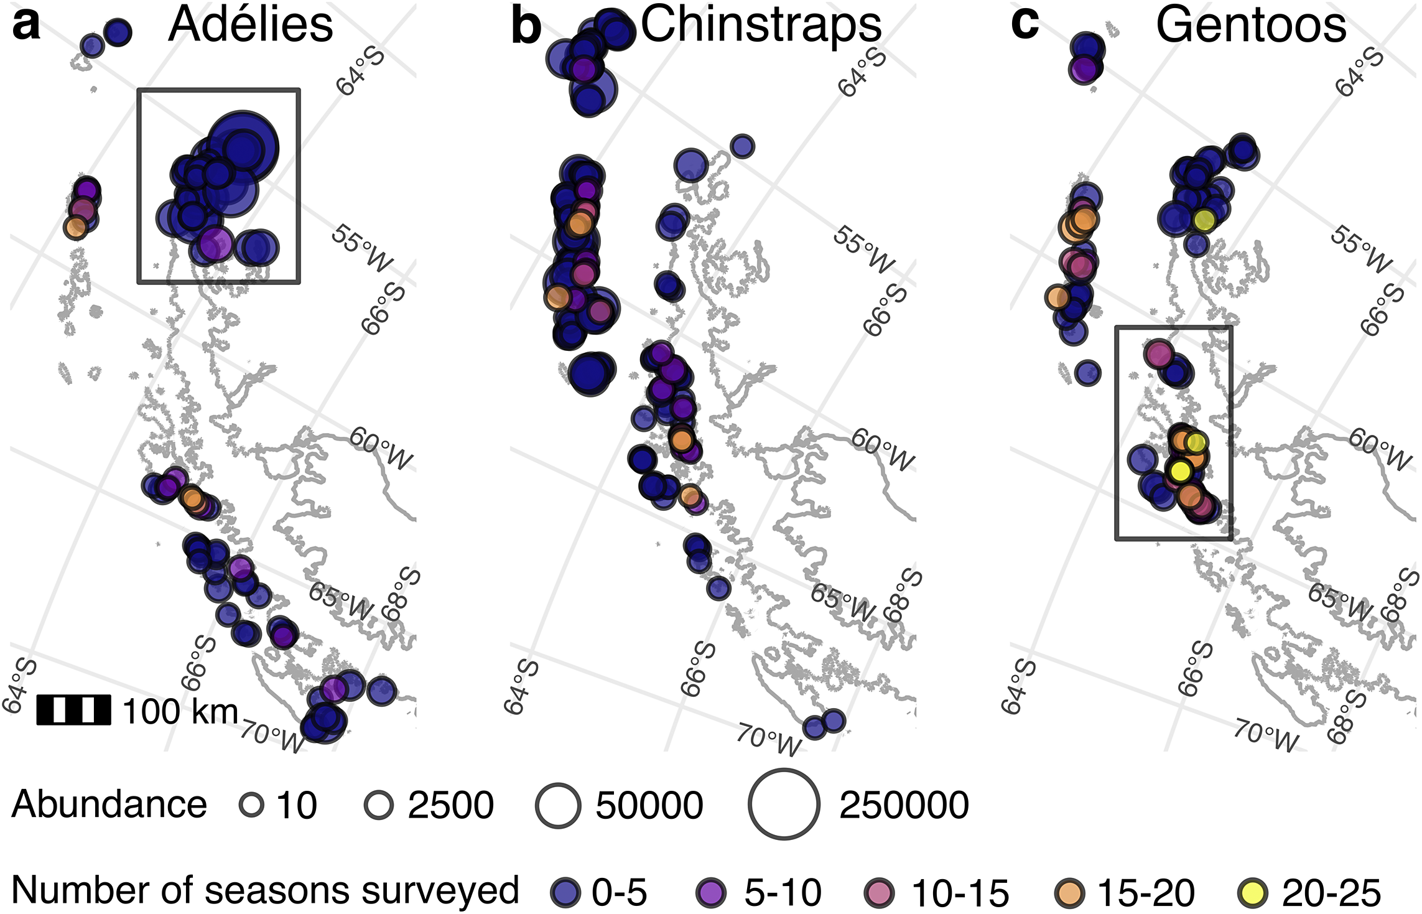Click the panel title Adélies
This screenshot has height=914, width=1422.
pos(251,25)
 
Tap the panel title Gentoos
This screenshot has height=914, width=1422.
pos(1251,25)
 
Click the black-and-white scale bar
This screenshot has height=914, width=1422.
pos(74,710)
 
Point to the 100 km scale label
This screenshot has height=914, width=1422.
pos(180,711)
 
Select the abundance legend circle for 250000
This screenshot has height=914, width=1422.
pos(784,804)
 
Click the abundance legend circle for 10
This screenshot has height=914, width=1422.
pos(252,805)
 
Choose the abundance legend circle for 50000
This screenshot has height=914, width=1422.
pos(558,804)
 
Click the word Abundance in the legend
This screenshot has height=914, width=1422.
pos(109,804)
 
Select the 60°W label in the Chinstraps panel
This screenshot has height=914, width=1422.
pos(883,449)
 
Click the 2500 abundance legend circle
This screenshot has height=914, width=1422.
pos(379,805)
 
